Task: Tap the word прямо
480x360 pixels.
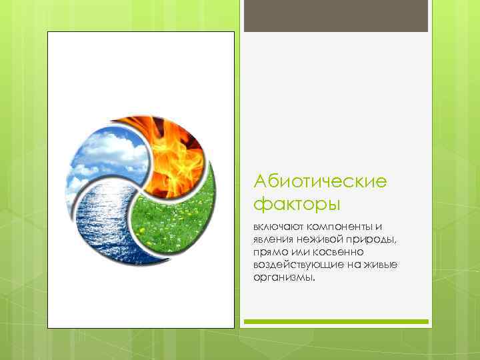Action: (x=267, y=253)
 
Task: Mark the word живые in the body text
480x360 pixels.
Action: (x=383, y=265)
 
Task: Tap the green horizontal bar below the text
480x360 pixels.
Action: (x=335, y=322)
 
